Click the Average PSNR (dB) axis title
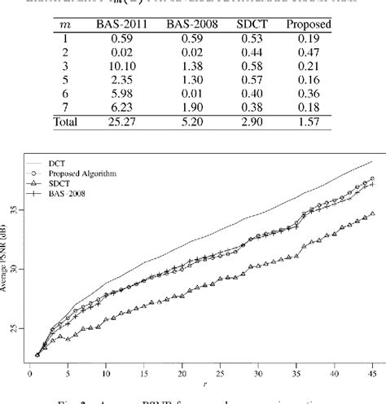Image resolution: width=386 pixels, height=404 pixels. coord(10,260)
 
